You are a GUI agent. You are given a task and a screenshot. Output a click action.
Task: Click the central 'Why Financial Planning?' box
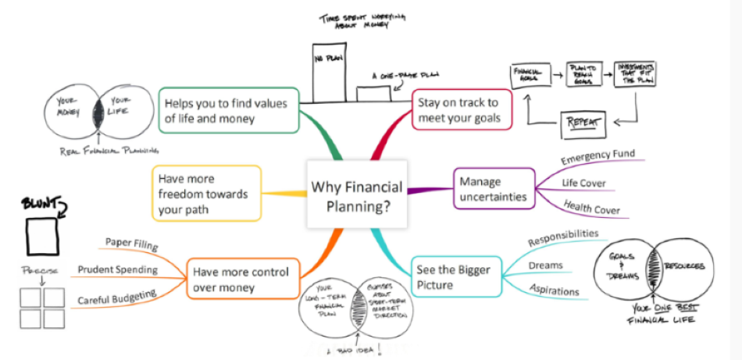coord(357,194)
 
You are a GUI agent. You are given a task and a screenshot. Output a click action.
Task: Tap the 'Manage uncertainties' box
coord(495,187)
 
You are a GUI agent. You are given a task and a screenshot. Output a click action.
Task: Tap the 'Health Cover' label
coord(592,209)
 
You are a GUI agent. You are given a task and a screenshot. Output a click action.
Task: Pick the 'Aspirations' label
coord(554,291)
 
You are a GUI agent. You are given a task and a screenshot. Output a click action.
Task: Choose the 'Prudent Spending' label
coord(117,270)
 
